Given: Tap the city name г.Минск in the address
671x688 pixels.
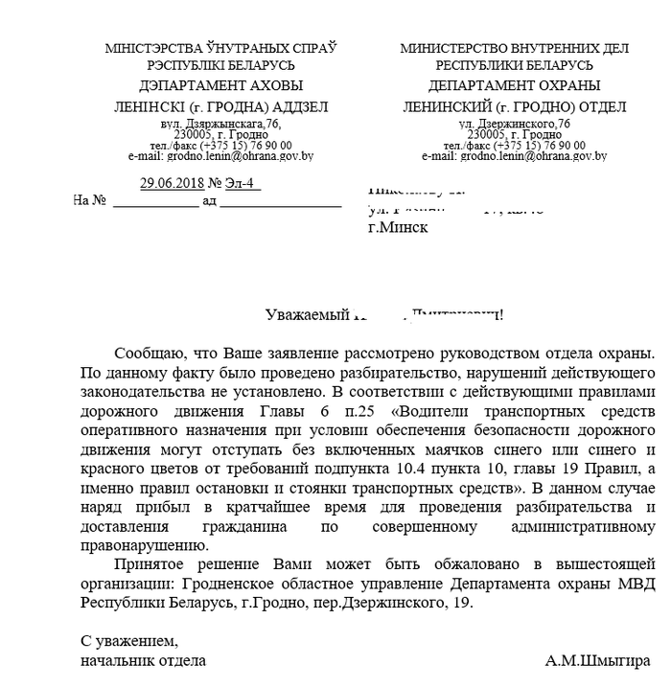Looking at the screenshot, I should [x=398, y=228].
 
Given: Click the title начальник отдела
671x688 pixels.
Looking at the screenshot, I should [x=142, y=660].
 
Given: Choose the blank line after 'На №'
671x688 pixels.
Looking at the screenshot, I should [x=155, y=202].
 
